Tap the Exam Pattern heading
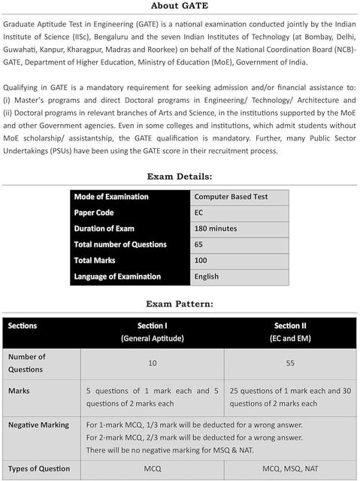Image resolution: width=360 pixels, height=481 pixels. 180,304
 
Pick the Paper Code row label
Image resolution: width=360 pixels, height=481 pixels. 93,213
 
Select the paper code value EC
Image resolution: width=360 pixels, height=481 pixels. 199,213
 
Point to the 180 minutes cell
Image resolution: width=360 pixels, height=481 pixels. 215,228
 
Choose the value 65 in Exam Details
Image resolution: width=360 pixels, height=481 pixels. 199,244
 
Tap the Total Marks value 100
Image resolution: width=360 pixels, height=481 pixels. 201,260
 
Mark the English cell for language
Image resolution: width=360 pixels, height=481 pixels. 206,276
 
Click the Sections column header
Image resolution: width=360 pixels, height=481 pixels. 23,326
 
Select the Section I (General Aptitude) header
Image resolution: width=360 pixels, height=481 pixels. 153,332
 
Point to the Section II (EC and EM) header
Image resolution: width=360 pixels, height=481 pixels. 290,332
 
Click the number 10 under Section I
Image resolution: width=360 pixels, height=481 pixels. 153,363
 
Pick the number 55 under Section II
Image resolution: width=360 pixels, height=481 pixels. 290,363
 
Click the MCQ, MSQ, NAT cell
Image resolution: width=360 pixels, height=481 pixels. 290,469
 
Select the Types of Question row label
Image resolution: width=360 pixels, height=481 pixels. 39,469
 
